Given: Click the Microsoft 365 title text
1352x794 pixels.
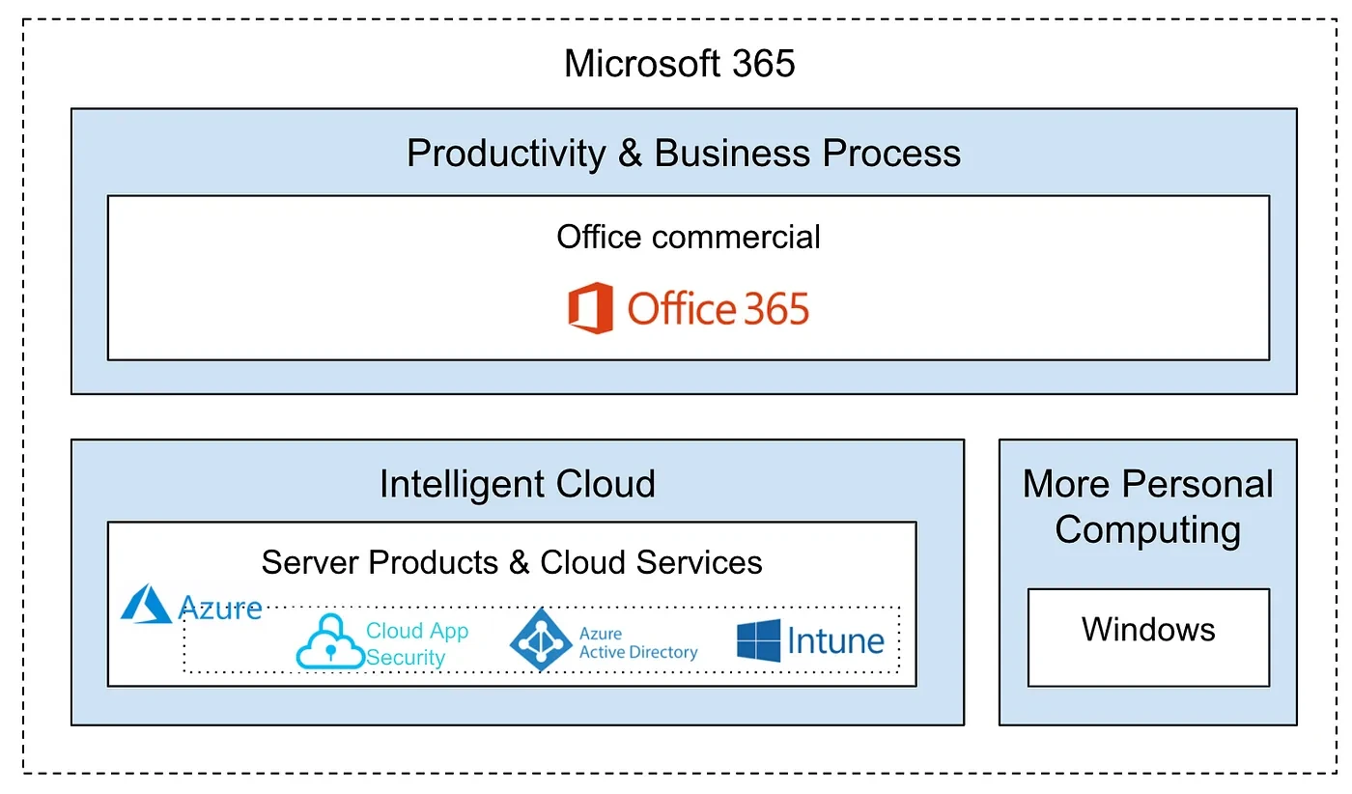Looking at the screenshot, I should click(679, 64).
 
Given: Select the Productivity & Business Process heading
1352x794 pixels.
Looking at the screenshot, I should click(683, 154).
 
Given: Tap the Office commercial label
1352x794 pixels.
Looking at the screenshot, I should click(688, 237).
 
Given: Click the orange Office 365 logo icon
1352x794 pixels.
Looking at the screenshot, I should click(590, 308).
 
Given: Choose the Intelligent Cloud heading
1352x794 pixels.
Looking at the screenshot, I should click(517, 484).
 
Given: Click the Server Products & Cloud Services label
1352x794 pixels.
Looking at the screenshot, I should click(511, 562).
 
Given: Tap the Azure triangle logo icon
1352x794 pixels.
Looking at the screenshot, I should click(146, 604).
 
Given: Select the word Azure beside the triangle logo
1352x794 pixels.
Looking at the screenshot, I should click(220, 608).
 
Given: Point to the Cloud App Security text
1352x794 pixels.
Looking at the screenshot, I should click(416, 643).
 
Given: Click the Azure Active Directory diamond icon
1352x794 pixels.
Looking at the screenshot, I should click(541, 639).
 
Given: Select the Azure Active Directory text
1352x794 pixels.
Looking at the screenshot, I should click(637, 643).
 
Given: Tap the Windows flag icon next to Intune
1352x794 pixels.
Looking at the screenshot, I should click(758, 640).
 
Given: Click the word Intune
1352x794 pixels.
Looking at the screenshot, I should click(835, 641).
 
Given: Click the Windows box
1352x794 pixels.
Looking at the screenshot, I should click(1147, 637).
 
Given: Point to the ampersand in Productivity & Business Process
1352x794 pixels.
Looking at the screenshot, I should click(630, 154).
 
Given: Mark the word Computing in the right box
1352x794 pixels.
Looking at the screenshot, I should click(1147, 529).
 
